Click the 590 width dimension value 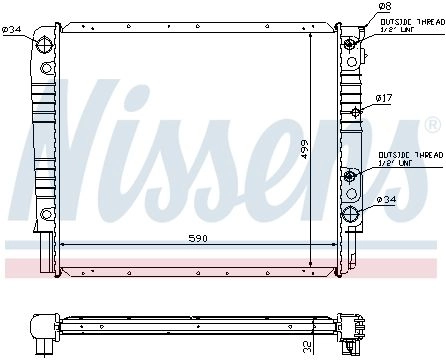tap(198, 238)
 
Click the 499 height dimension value tap(304, 149)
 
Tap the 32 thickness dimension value tap(307, 347)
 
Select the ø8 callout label tap(385, 6)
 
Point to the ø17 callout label tap(384, 98)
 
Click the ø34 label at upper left tap(11, 29)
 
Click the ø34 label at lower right tap(386, 200)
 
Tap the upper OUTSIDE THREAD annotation tap(412, 25)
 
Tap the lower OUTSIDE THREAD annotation tap(411, 159)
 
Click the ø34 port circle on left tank tap(45, 44)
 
